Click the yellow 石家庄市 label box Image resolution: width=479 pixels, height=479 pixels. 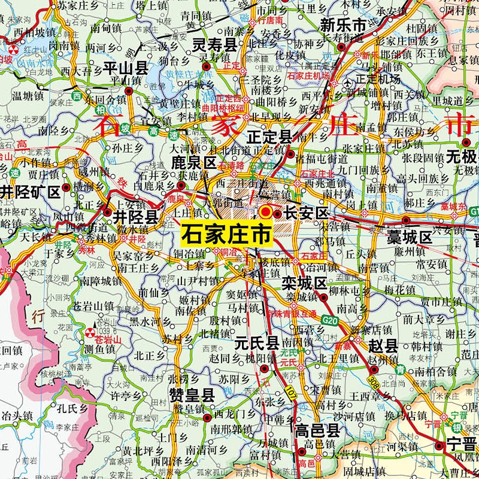tap(225, 233)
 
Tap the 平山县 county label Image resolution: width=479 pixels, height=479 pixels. tap(126, 67)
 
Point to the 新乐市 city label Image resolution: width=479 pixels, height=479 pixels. tap(342, 25)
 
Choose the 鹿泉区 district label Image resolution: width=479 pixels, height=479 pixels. tap(193, 162)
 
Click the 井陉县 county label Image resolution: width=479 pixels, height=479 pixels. tap(135, 216)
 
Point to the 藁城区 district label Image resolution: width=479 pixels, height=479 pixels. tap(409, 238)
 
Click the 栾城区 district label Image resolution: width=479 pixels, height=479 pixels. tap(304, 283)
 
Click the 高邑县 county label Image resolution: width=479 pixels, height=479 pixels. tap(317, 429)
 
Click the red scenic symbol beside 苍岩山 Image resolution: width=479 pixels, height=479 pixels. tap(90, 332)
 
